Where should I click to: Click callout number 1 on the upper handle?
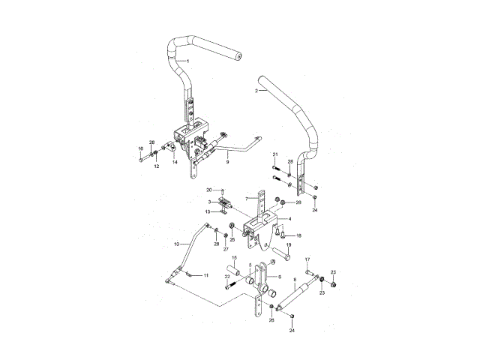[187, 60]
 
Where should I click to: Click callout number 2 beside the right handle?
[256, 91]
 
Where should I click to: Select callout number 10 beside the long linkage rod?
[177, 244]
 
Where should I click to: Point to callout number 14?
[175, 162]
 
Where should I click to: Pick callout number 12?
[157, 166]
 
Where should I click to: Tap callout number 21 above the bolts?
[275, 154]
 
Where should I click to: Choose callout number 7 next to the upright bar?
[246, 199]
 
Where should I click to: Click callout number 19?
[289, 245]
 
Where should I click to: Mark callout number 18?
[298, 235]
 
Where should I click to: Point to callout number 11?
[205, 275]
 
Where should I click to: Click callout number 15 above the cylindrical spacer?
[234, 258]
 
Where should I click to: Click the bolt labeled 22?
[228, 286]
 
